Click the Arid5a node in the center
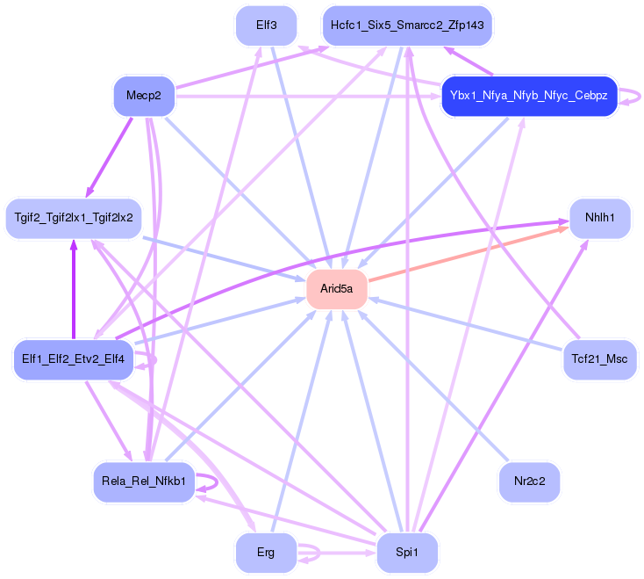coord(336,289)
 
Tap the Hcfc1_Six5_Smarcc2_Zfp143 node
coord(407,25)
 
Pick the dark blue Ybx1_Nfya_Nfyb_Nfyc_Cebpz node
coord(529,95)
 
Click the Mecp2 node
coord(144,95)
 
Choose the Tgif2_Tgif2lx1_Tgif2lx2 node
coord(74,217)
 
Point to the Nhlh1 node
coord(600,217)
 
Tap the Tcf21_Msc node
coord(599,359)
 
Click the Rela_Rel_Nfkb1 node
coord(143,481)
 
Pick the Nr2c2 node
coord(529,481)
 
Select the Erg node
coord(266,553)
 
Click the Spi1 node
coord(407,553)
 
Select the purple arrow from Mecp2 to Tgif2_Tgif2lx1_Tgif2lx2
coord(110,155)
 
